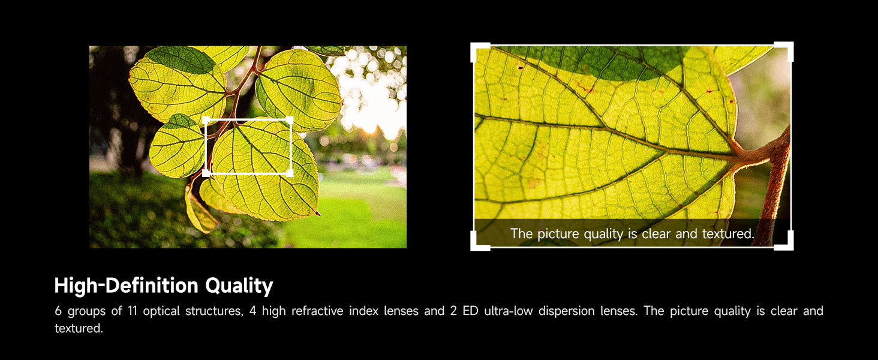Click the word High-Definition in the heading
click(126, 285)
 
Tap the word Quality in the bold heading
click(239, 286)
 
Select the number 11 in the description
click(133, 311)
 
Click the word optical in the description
click(161, 311)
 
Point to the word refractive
click(317, 311)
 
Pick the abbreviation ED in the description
click(470, 311)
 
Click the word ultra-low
click(509, 311)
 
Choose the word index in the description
click(363, 311)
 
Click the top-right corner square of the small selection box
click(290, 119)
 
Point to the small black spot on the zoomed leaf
click(521, 68)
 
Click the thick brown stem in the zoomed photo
click(774, 184)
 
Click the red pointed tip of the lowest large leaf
click(318, 214)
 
